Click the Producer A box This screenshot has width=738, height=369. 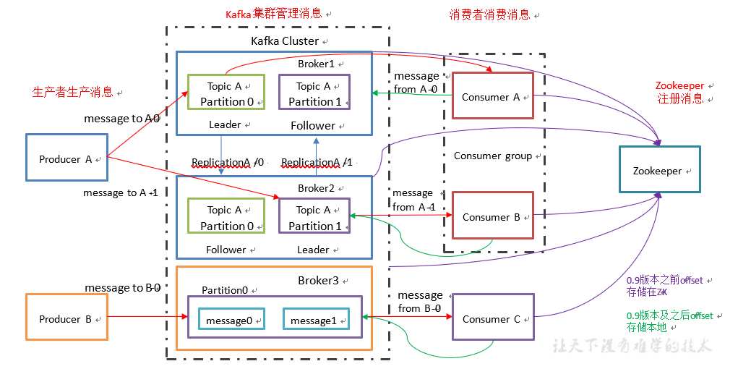coord(66,157)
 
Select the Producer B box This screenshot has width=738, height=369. coord(66,317)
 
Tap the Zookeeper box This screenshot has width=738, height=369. coord(659,169)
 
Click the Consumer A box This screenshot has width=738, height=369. coord(492,96)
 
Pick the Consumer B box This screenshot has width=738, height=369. coord(492,215)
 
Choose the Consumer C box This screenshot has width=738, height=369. coord(493,317)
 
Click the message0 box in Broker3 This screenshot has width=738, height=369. coord(229,318)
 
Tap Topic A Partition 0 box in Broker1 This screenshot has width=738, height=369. coord(226,93)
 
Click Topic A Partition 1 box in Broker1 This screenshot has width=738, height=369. coord(314,93)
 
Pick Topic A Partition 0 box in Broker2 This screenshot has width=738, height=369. coord(226,216)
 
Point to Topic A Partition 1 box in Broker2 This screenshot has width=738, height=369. coord(314,216)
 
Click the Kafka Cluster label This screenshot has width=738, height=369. coord(284,41)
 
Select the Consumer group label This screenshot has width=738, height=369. coord(492,156)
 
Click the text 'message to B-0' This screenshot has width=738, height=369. coord(122,288)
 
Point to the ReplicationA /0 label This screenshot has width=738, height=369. coord(228,162)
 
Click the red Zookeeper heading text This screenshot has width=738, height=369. coord(679,86)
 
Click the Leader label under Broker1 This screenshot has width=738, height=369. coord(224,124)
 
